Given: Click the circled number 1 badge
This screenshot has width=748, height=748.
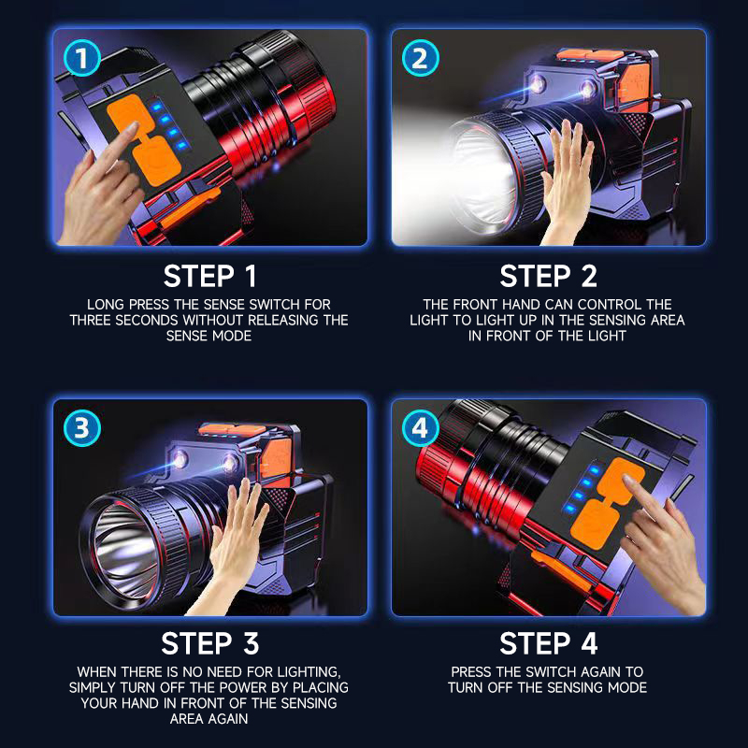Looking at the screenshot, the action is tap(82, 58).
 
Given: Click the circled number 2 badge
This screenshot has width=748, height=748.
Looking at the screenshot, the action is tap(420, 58).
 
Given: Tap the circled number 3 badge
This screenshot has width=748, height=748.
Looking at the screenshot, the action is tap(82, 428).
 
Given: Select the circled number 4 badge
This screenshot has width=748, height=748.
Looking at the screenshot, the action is tap(420, 428).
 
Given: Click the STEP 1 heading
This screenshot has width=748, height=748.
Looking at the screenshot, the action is tap(209, 276).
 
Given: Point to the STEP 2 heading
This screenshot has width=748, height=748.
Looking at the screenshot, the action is tap(548, 276).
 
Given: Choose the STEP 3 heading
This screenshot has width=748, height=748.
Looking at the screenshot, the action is tap(209, 643).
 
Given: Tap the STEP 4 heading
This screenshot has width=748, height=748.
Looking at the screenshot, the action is tap(548, 643).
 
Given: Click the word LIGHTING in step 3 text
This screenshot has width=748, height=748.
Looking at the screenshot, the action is tap(309, 672).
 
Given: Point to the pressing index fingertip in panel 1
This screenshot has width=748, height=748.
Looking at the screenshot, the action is tap(132, 127).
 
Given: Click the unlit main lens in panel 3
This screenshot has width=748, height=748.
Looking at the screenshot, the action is tap(125, 549).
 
